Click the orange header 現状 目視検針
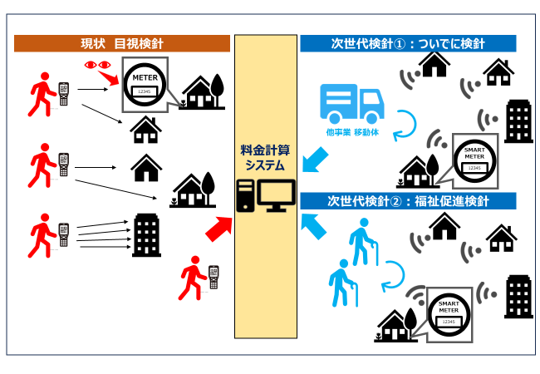point(122,42)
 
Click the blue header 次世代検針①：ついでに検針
point(408,42)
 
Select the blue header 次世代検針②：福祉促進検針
point(408,200)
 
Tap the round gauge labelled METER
point(145,83)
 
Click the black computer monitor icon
point(275,196)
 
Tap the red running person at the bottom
point(192,275)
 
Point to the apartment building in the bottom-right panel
point(518,296)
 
